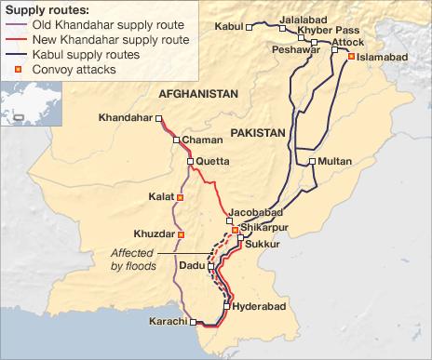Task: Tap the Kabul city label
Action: [227, 27]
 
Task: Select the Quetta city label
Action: [211, 160]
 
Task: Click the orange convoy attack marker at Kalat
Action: [180, 197]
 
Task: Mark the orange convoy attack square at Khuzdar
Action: [181, 234]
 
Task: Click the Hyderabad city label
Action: [252, 305]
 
